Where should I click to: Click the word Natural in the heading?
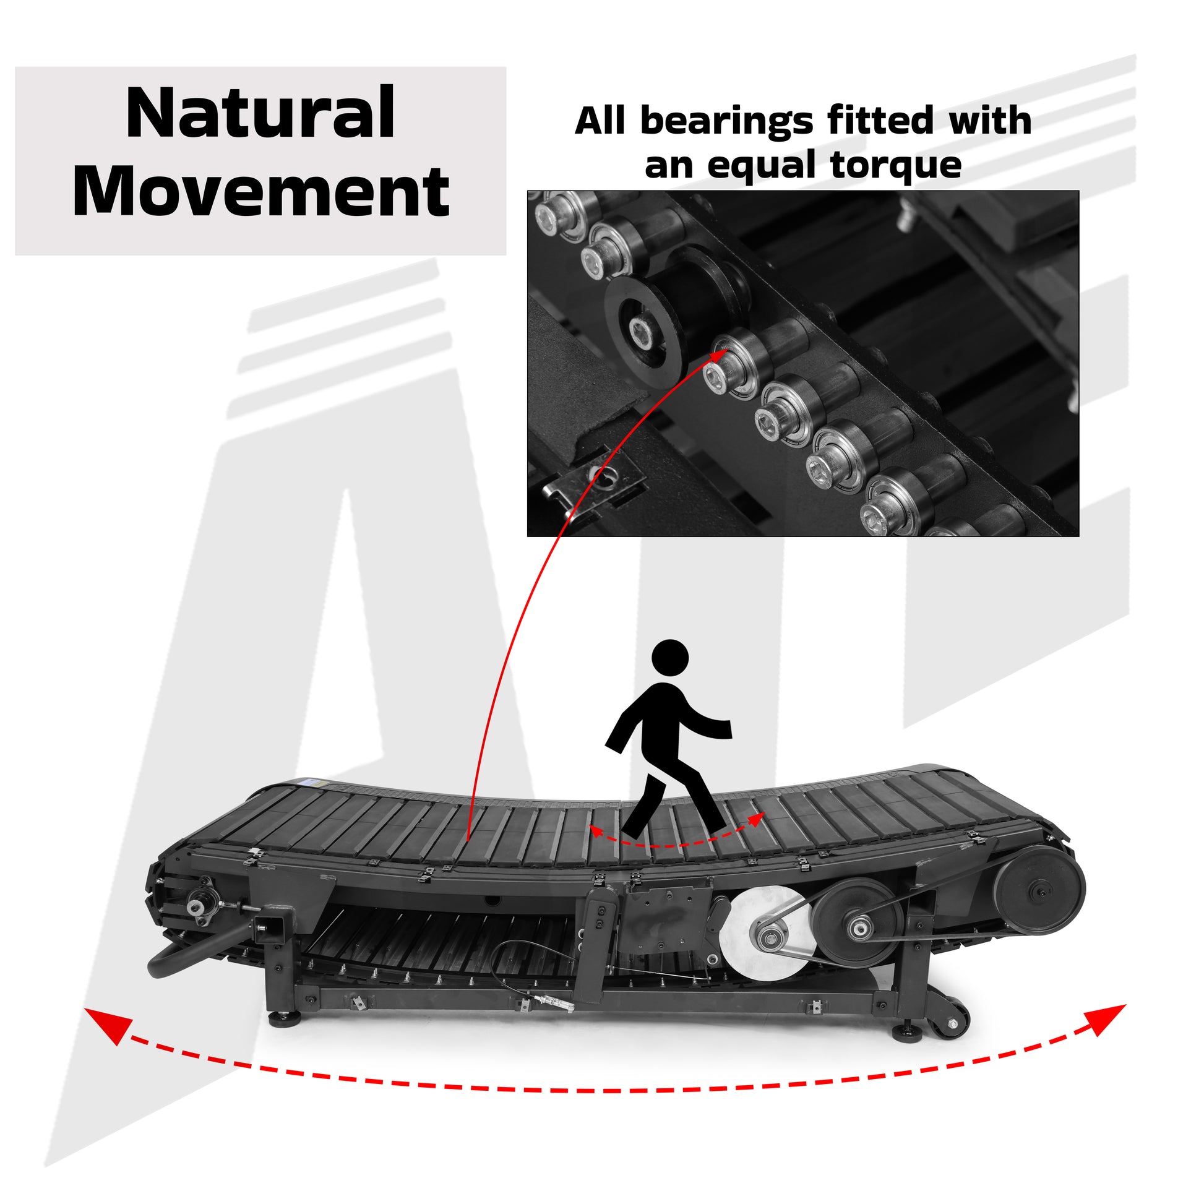[260, 113]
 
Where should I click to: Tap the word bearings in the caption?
[726, 122]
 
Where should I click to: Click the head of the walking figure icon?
[670, 658]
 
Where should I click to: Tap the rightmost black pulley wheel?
[1039, 892]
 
